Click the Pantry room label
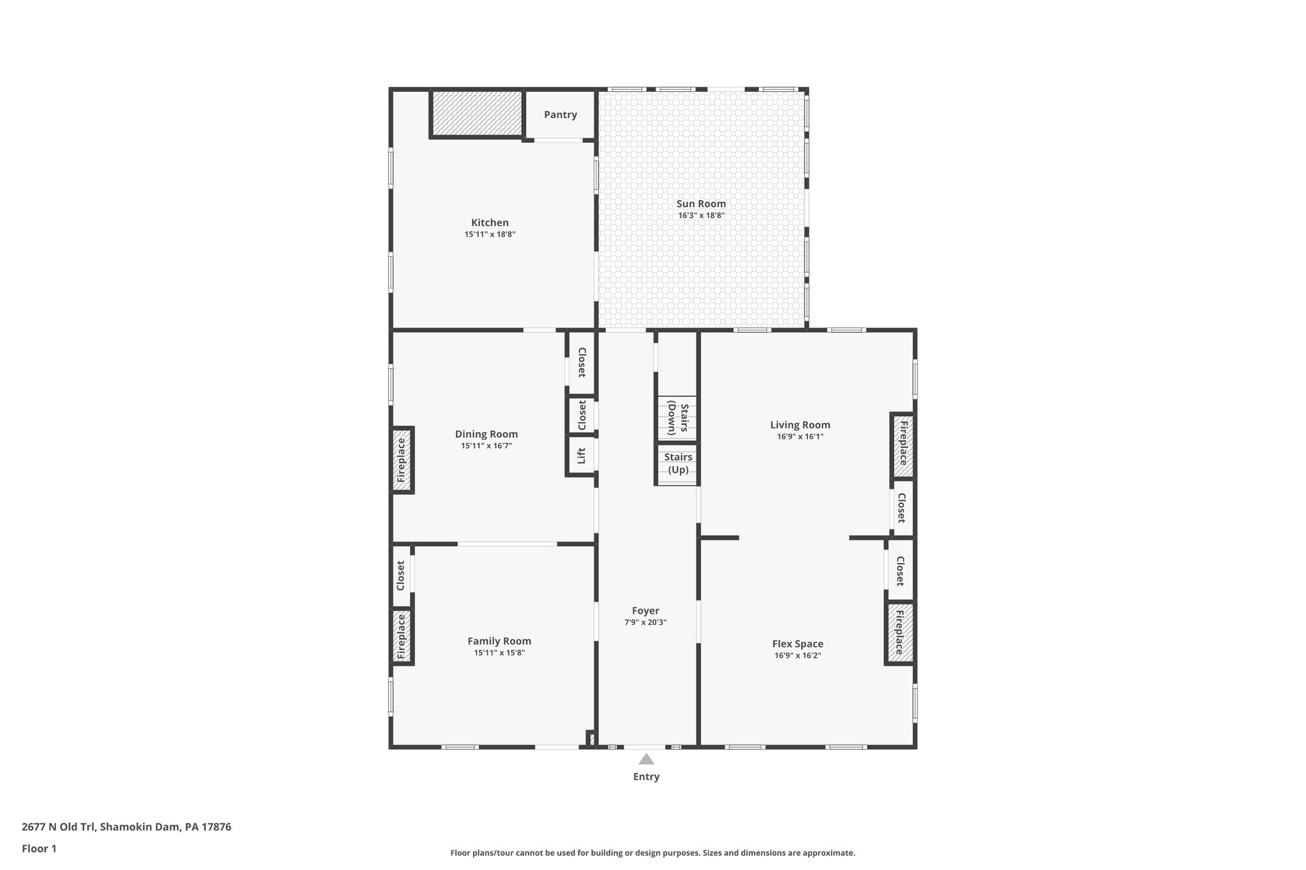click(x=560, y=115)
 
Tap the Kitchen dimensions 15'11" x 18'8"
click(x=489, y=235)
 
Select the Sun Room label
click(x=701, y=204)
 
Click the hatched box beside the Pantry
click(x=477, y=113)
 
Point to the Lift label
click(x=582, y=456)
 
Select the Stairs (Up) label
click(x=678, y=463)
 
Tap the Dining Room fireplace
click(x=401, y=460)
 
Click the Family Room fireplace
click(x=401, y=635)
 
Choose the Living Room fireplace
click(x=903, y=445)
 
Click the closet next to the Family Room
click(x=401, y=575)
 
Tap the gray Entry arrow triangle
click(x=646, y=759)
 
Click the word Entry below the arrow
click(x=646, y=776)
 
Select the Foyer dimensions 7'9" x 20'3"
click(x=645, y=623)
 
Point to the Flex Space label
click(x=797, y=644)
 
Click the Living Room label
click(x=800, y=425)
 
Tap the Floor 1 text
click(x=39, y=848)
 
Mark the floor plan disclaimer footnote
click(x=652, y=853)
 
